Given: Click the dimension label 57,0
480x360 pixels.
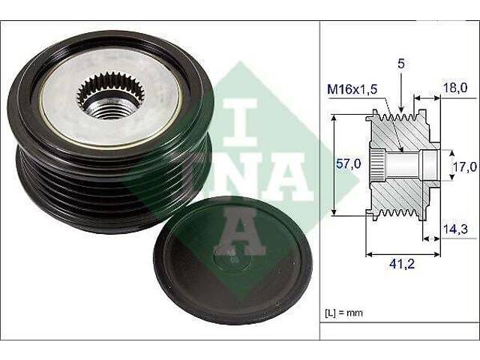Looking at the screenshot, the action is pos(348,164).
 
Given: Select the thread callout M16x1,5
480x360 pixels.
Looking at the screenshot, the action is pos(352,89).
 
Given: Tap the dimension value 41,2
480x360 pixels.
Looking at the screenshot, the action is pos(402,264).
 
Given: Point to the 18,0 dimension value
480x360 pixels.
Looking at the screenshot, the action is pos(455,88).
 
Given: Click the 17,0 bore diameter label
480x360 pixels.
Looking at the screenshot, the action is pos(465,167).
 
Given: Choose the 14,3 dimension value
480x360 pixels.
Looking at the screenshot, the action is pos(455,229).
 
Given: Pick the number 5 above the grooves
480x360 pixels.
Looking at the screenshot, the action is pos(401,64).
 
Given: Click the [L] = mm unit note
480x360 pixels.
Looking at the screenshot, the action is pos(343,313).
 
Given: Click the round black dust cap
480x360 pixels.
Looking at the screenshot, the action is pos(232,260).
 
